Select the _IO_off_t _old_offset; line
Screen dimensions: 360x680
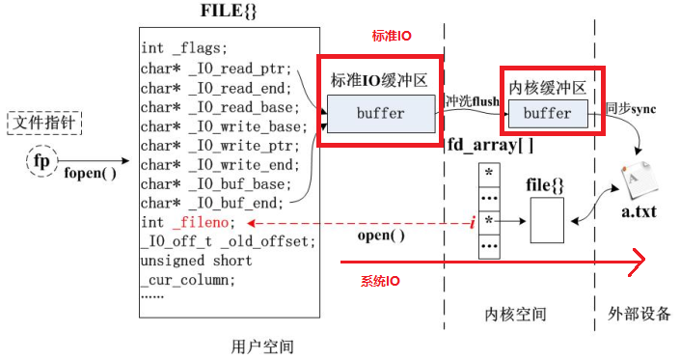tap(227, 241)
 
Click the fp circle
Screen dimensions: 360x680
tap(41, 161)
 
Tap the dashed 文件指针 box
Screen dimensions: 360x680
tap(44, 123)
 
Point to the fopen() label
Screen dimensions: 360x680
tap(90, 174)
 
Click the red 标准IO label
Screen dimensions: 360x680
tap(392, 36)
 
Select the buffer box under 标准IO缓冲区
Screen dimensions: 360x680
tap(380, 113)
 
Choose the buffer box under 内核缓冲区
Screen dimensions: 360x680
tap(547, 113)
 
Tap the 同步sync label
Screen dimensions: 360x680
tap(631, 108)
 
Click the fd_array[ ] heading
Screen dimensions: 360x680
tap(490, 145)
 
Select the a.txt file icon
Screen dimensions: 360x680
tap(638, 183)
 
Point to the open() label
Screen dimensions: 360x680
tap(384, 235)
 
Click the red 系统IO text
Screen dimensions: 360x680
tap(385, 281)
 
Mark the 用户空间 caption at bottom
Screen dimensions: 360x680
tap(262, 345)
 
